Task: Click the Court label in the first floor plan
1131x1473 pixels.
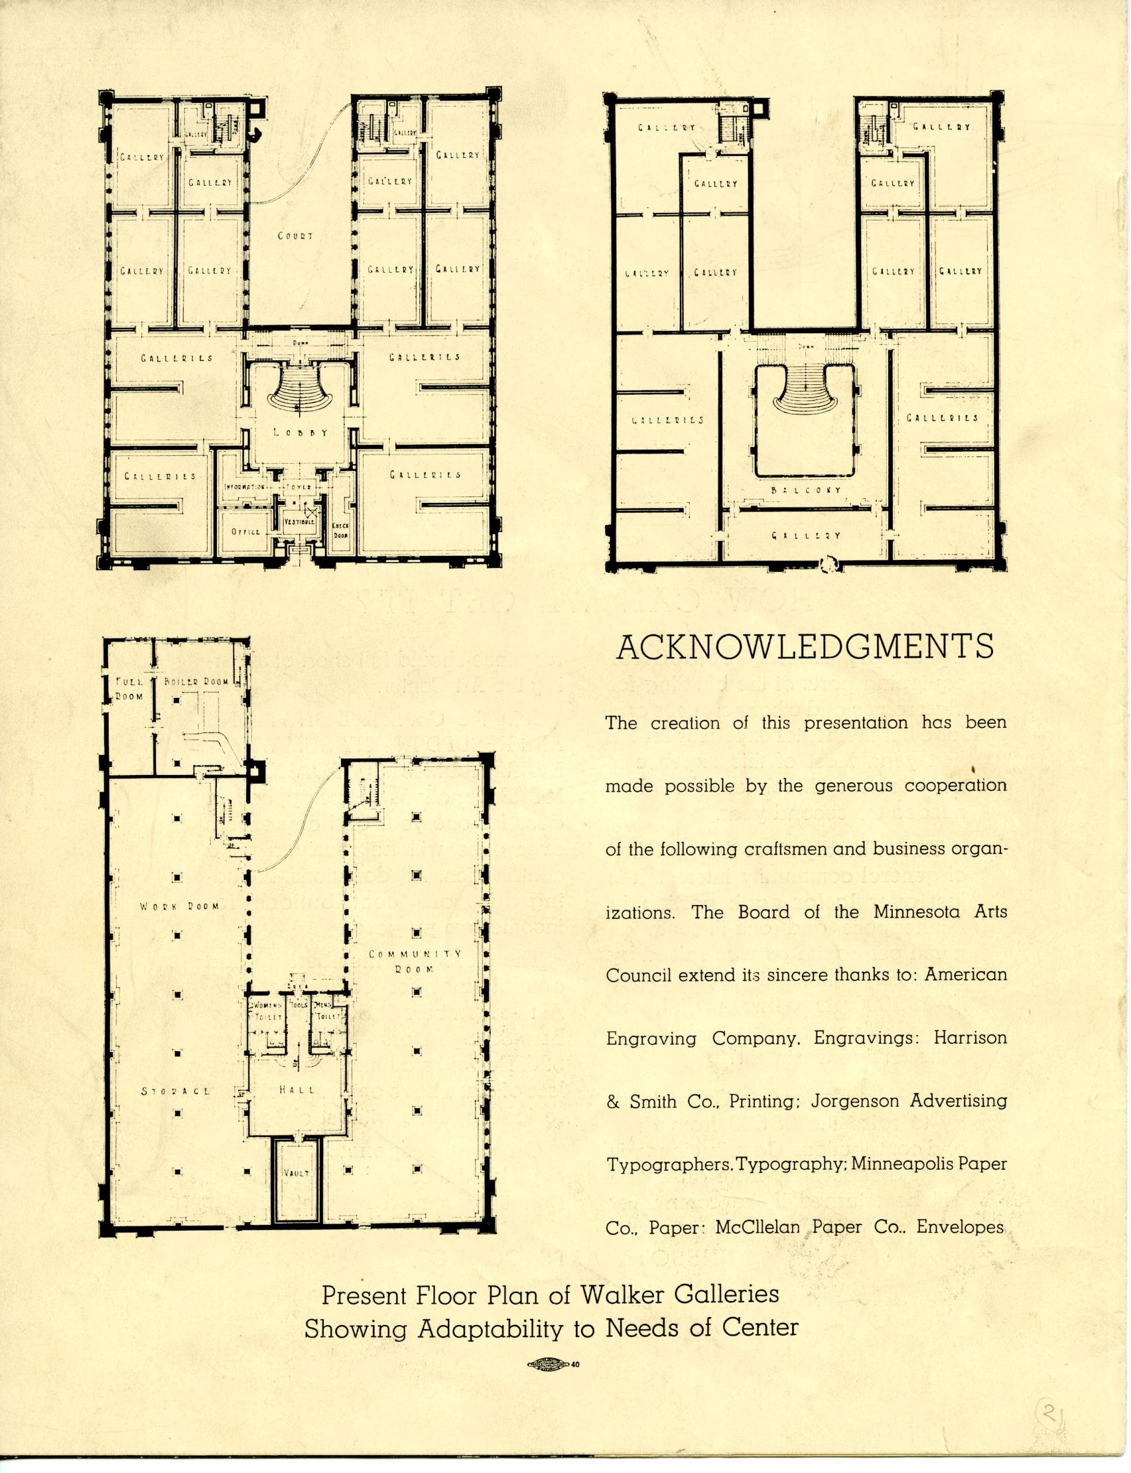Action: pyautogui.click(x=296, y=236)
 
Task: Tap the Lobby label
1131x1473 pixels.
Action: pyautogui.click(x=301, y=433)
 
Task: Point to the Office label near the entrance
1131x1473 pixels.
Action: pyautogui.click(x=246, y=532)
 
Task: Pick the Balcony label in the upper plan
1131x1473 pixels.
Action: pyautogui.click(x=807, y=491)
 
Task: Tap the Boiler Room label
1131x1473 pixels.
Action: pyautogui.click(x=197, y=681)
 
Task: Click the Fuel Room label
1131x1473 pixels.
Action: pyautogui.click(x=127, y=689)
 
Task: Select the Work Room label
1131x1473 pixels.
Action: pyautogui.click(x=179, y=906)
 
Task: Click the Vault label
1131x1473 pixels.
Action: pyautogui.click(x=297, y=1173)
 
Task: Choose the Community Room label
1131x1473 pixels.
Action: pyautogui.click(x=415, y=961)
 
